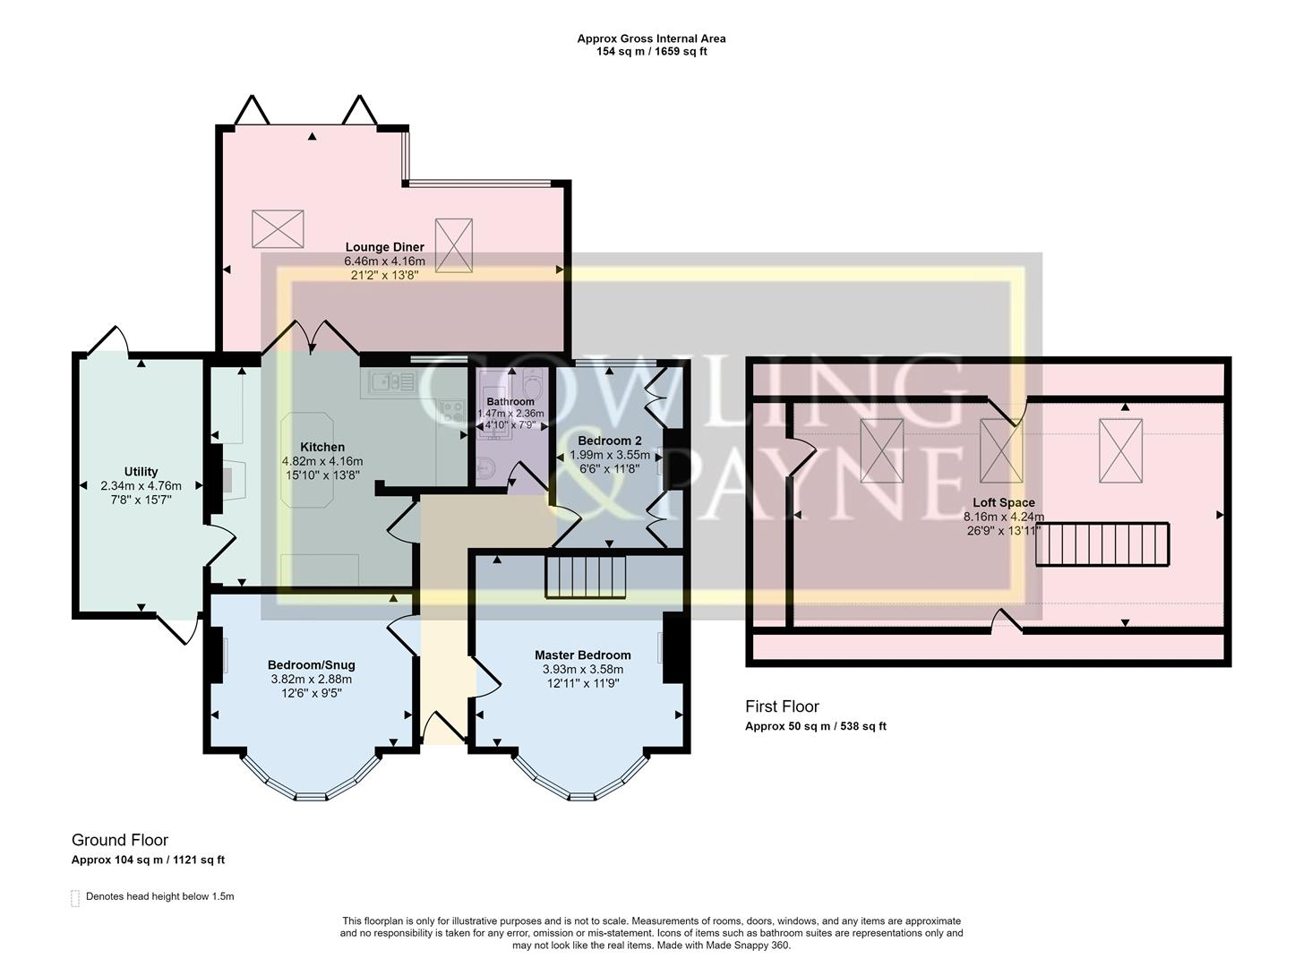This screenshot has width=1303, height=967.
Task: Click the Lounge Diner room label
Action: click(385, 247)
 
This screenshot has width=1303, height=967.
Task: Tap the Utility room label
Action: click(141, 472)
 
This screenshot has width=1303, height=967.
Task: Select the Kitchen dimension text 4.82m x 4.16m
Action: click(322, 461)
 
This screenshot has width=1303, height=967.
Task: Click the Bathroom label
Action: click(510, 402)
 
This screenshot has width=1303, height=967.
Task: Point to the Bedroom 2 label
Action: click(609, 441)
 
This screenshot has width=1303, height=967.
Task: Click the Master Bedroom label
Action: click(582, 655)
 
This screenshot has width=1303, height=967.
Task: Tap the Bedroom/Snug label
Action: click(311, 664)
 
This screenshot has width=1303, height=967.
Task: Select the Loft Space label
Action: click(999, 502)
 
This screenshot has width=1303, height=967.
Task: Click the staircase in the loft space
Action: click(1102, 544)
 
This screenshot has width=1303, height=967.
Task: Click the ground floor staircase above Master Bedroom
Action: click(585, 577)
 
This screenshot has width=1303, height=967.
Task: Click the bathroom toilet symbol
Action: click(484, 468)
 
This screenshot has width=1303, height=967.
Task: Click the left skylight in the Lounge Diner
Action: click(279, 228)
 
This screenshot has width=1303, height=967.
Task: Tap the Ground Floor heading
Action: click(120, 840)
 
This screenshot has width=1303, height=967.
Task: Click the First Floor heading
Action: click(782, 706)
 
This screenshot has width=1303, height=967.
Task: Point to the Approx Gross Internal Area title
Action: click(651, 39)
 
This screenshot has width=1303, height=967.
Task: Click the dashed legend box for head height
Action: click(75, 898)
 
